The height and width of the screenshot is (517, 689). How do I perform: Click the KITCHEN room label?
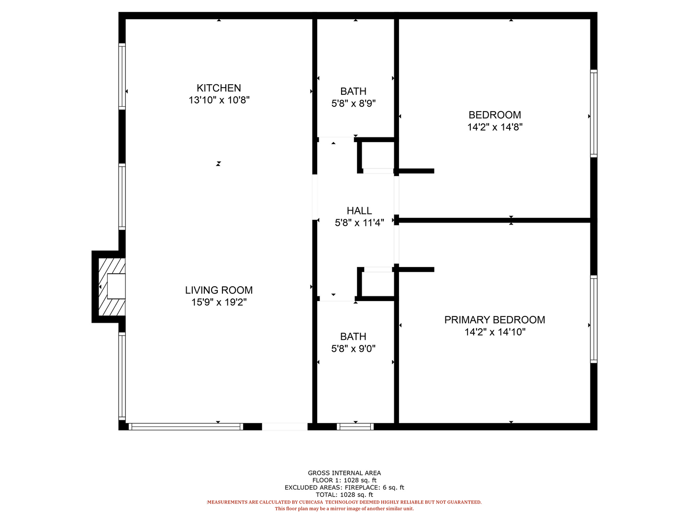219,88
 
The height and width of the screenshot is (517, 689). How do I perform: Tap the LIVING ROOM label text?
219,290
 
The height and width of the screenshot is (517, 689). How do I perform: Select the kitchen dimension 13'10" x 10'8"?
219,100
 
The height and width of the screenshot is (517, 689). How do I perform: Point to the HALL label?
359,211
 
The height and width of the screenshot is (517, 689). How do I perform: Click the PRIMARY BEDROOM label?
494,320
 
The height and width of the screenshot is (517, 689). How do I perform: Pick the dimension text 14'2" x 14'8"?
495,127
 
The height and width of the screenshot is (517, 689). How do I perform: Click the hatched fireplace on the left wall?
112,287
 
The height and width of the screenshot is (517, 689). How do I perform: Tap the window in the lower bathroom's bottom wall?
355,426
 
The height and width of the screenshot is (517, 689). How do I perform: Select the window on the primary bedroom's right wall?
593,319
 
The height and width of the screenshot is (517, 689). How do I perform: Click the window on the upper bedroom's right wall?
593,113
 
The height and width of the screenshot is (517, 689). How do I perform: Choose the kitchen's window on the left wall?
122,77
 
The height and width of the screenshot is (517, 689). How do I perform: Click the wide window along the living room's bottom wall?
186,426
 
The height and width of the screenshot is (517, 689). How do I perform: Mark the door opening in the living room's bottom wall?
284,426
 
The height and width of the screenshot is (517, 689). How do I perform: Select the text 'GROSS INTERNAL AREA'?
344,473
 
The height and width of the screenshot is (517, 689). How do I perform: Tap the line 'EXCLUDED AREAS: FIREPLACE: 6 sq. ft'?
344,487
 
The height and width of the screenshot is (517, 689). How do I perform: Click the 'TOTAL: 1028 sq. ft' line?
344,495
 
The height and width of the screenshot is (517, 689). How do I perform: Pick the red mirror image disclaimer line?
344,508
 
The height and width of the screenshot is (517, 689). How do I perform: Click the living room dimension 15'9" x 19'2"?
219,302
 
